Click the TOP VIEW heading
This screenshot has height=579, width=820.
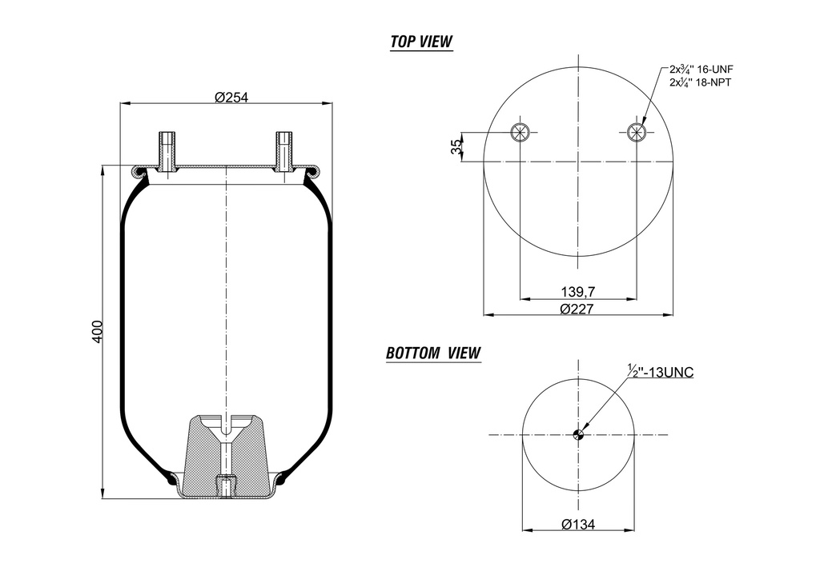(421, 42)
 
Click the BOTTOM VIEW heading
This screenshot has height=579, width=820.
(433, 353)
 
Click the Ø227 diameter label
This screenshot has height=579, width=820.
(578, 308)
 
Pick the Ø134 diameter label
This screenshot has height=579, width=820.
(578, 524)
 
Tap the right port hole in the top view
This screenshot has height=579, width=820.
(637, 132)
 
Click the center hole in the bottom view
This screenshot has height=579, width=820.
(578, 435)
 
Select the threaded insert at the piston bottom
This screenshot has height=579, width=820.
(227, 485)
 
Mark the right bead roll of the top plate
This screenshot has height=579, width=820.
(313, 170)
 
